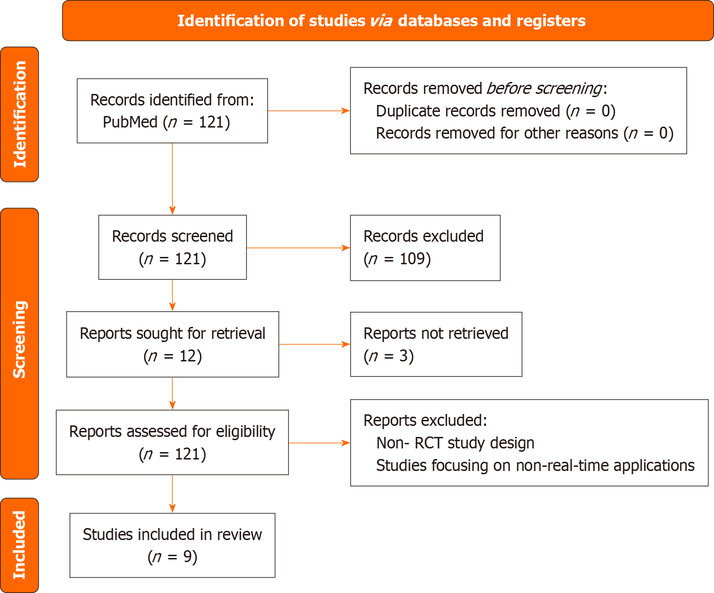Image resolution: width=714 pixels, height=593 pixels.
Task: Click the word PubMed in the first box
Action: tap(130, 122)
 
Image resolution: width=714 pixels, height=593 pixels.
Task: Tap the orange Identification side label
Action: tap(19, 114)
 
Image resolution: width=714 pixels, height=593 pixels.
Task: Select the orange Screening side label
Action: tap(19, 340)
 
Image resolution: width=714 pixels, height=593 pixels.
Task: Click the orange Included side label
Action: tap(19, 545)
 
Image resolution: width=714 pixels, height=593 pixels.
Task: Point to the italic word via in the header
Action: tap(381, 21)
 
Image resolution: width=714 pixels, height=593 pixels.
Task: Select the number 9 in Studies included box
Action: tap(187, 557)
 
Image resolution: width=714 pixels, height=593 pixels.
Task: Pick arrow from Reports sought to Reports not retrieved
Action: tap(314, 344)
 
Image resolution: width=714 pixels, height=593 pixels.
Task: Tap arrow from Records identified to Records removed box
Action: tap(309, 110)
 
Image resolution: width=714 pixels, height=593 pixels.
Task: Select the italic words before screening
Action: tap(544, 88)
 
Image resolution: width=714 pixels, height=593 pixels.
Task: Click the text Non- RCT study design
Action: tap(455, 443)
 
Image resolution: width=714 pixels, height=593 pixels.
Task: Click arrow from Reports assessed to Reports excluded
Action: tap(319, 443)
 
